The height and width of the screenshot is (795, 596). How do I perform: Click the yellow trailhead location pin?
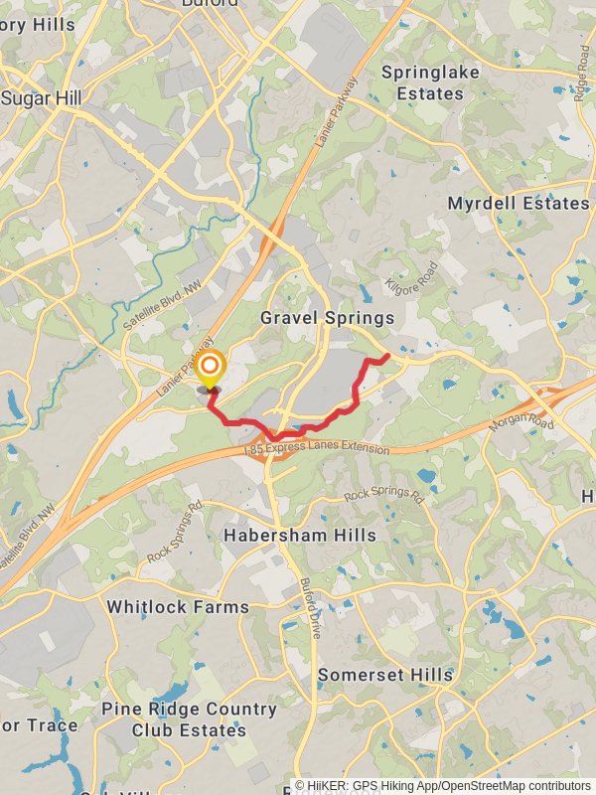point(210,370)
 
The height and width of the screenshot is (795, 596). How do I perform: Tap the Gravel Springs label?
point(327,318)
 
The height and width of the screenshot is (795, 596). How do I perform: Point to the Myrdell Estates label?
point(519,204)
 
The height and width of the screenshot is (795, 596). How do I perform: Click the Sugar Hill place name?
point(41,98)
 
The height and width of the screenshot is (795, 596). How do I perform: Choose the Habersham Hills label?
point(299,535)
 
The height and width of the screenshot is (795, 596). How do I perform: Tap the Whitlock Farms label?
point(178,606)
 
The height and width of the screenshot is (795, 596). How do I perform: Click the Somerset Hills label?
point(385,675)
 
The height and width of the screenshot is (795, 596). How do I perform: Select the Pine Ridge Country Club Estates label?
point(189,719)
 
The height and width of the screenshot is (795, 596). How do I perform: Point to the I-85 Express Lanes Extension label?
point(317,450)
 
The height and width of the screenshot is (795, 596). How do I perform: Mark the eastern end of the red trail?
point(386,355)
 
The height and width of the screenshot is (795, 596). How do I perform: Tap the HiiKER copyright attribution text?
point(442,785)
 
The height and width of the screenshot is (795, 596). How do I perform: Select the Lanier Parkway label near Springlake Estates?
point(335,113)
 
